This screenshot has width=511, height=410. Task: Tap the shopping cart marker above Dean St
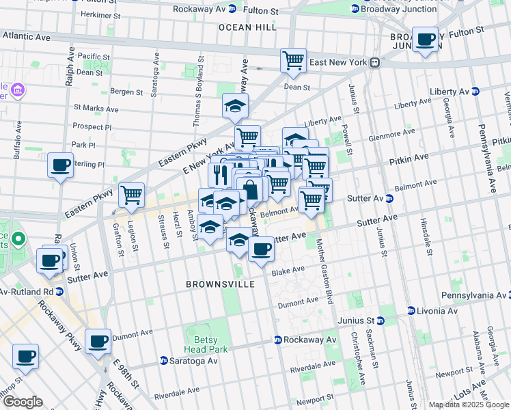293,59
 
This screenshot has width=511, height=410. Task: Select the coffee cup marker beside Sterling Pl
61,165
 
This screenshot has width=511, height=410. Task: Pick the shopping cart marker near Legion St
131,195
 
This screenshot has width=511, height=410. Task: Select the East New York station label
340,62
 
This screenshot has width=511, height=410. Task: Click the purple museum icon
18,90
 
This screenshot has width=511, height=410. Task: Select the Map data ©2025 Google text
469,405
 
